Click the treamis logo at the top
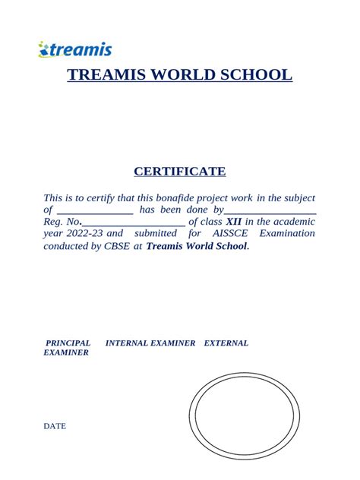tap(75, 50)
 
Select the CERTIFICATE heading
tap(180, 172)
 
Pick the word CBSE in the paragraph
tap(116, 246)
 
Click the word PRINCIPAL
tap(68, 343)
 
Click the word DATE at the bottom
tap(55, 426)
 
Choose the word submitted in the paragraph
tap(155, 233)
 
